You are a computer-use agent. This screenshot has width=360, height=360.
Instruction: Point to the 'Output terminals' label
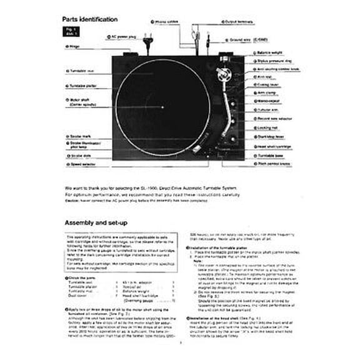[x=239, y=21]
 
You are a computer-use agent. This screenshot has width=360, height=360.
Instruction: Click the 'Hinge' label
[x=74, y=46]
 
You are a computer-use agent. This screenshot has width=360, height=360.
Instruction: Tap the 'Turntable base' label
[x=273, y=154]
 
